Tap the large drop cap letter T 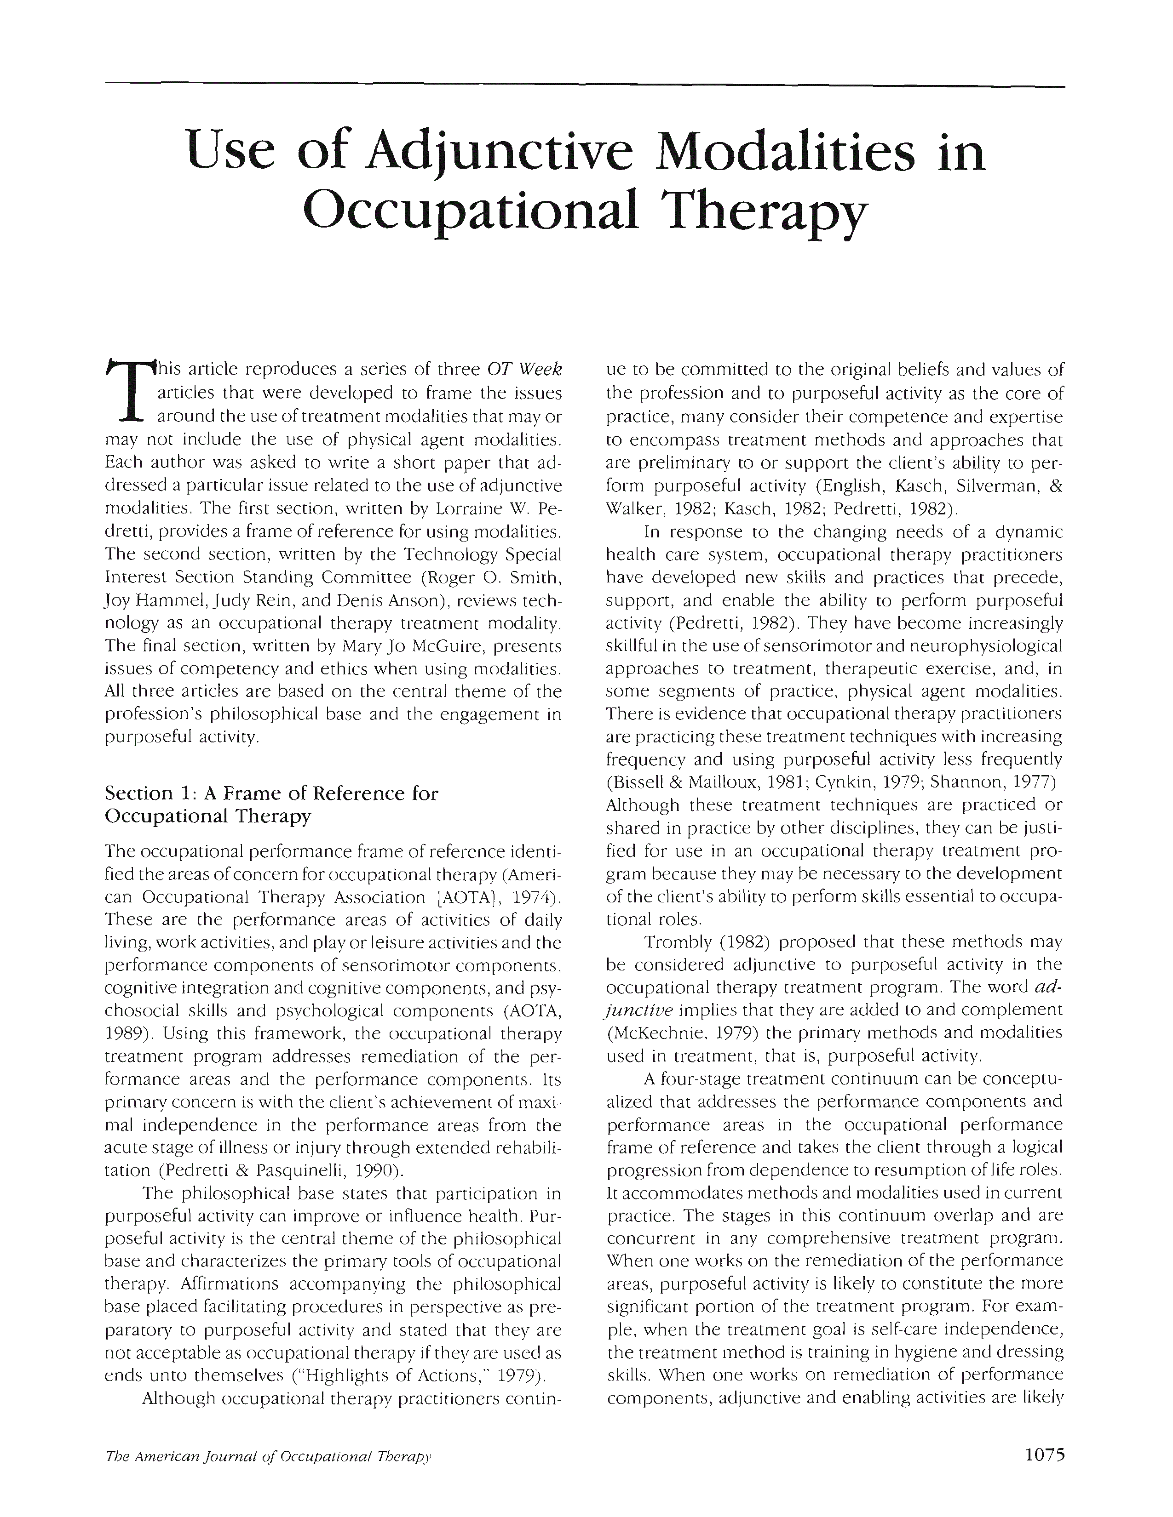126,393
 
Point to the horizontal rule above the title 584,86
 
